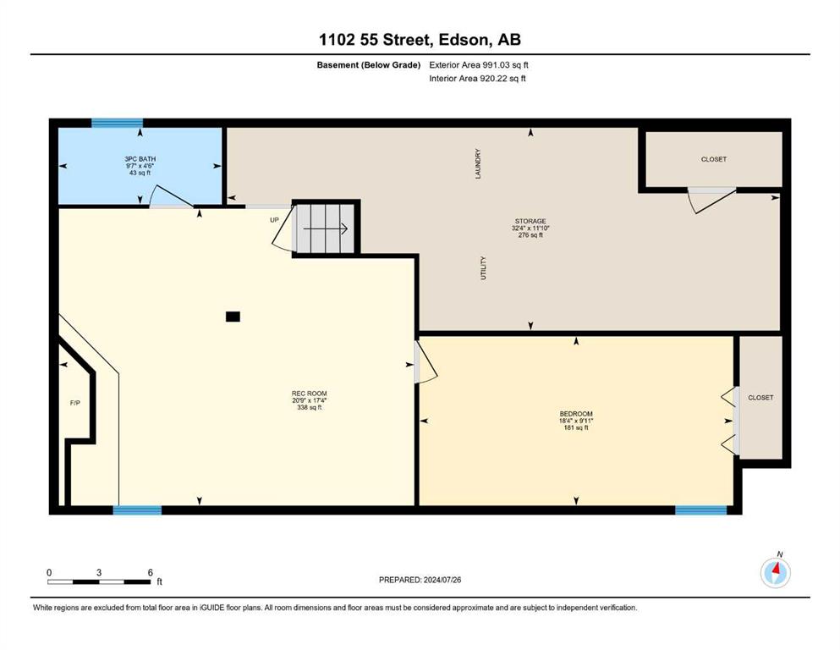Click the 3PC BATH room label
(x=140, y=159)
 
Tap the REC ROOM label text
(x=309, y=394)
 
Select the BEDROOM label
(x=576, y=414)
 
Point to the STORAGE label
(x=530, y=221)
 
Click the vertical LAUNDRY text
(x=478, y=164)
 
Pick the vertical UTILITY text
(x=483, y=268)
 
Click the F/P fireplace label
(x=75, y=403)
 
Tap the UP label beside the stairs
(x=274, y=220)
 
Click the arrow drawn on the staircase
(x=326, y=229)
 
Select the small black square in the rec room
(x=233, y=317)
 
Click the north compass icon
(x=775, y=572)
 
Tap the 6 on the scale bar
(x=150, y=572)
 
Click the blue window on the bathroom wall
(x=117, y=124)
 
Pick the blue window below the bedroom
(x=700, y=510)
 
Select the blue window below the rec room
(x=137, y=510)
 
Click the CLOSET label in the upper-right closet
(x=714, y=159)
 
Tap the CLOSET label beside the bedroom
(x=760, y=398)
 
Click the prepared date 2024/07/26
(x=442, y=580)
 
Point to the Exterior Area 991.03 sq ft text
(x=479, y=65)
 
